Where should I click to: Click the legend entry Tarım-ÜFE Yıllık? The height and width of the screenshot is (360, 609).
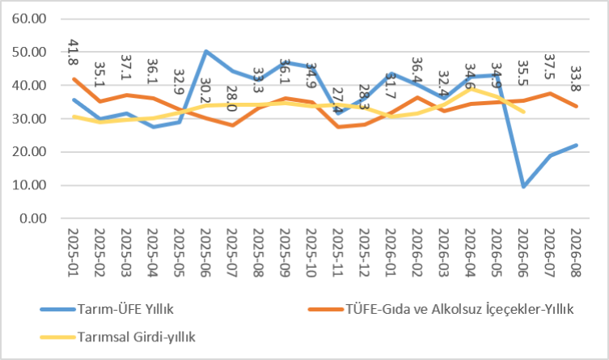[x=107, y=309]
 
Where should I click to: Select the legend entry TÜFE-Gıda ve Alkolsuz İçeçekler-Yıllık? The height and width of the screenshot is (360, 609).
[x=441, y=309]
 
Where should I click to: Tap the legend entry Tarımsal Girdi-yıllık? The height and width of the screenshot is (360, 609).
[x=118, y=337]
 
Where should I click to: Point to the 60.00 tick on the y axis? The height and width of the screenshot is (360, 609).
[x=29, y=19]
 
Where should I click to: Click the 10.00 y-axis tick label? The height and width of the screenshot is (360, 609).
[x=29, y=185]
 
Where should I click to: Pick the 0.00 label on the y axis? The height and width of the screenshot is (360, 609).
[x=33, y=218]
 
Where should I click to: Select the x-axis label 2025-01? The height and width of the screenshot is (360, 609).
[x=74, y=252]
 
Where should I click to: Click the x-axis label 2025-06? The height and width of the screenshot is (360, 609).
[x=206, y=252]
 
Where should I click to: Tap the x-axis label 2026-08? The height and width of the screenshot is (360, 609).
[x=577, y=252]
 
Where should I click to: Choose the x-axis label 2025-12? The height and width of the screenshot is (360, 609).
[x=365, y=252]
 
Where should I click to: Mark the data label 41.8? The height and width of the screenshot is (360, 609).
[x=74, y=52]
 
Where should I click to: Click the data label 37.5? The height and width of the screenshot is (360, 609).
[x=550, y=66]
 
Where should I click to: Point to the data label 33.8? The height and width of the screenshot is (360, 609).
[x=576, y=78]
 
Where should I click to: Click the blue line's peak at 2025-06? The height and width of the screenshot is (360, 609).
[x=206, y=51]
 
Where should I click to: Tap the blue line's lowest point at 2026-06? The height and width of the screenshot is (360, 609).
[x=523, y=187]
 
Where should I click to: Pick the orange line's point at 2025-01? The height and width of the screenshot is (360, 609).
[x=74, y=78]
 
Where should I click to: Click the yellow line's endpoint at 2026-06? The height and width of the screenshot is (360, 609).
[x=524, y=112]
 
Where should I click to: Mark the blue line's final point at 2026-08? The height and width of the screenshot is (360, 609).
[x=577, y=146]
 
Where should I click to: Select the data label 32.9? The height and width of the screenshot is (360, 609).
[x=179, y=82]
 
